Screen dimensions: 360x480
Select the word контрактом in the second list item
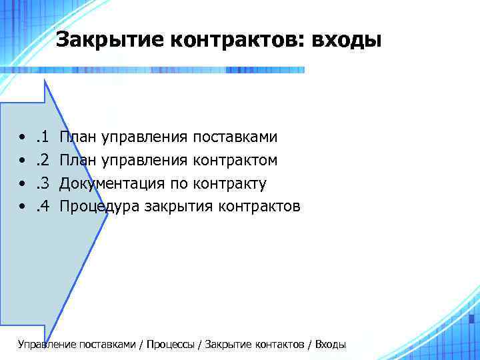[x=235, y=161]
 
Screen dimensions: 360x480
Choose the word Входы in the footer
[x=330, y=345]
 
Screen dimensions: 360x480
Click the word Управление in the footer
[x=47, y=345]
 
